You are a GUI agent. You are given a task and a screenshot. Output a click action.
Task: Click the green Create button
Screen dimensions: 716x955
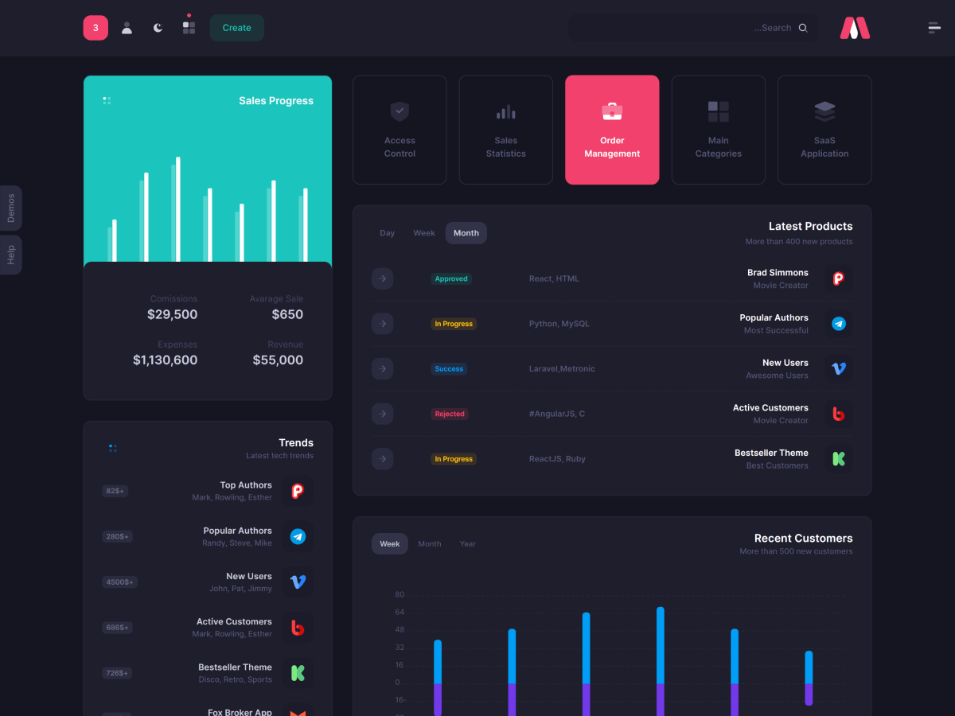click(236, 28)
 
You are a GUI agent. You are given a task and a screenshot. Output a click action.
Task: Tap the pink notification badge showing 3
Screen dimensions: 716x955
click(95, 28)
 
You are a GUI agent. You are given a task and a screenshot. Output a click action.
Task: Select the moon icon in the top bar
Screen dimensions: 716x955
click(158, 28)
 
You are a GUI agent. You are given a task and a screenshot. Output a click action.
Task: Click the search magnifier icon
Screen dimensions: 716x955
click(803, 28)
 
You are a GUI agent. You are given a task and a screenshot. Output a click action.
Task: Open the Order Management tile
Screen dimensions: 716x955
click(612, 130)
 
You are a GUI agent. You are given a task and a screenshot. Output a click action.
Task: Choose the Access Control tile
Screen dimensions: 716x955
click(400, 130)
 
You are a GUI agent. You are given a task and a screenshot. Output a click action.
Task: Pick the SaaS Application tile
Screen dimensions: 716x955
click(824, 130)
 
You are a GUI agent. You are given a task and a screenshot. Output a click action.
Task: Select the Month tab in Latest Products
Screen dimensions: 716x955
click(466, 233)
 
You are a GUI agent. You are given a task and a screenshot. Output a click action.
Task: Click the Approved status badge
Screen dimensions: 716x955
click(451, 279)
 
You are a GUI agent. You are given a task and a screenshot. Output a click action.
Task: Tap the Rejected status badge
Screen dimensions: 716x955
click(450, 414)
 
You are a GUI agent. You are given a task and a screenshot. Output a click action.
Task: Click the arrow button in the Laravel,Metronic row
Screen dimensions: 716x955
click(383, 369)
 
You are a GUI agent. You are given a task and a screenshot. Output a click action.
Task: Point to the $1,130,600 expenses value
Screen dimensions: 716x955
click(165, 360)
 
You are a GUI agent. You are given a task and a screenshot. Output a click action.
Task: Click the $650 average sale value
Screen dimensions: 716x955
click(287, 314)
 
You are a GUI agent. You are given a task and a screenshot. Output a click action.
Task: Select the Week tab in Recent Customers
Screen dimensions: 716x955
click(390, 544)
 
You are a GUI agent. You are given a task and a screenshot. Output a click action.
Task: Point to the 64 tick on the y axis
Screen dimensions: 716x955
click(400, 613)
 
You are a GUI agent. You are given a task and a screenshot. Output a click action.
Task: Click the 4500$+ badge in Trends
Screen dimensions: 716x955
click(119, 582)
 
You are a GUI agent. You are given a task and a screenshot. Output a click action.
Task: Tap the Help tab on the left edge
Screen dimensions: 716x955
click(11, 255)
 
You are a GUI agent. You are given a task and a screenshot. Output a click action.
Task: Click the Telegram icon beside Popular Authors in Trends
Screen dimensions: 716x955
click(298, 537)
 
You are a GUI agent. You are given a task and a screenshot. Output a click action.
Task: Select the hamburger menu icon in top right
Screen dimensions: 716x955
click(934, 28)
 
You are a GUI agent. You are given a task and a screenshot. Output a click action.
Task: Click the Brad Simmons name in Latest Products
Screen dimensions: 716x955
click(778, 273)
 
